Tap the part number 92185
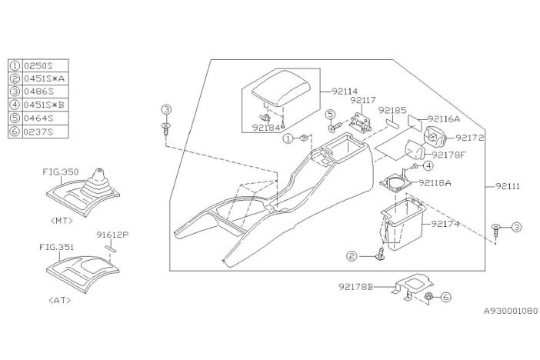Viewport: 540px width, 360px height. tap(392, 110)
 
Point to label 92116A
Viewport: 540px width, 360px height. tap(444, 119)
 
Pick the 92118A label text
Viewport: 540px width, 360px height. tap(436, 183)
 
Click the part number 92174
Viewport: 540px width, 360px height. tap(445, 225)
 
